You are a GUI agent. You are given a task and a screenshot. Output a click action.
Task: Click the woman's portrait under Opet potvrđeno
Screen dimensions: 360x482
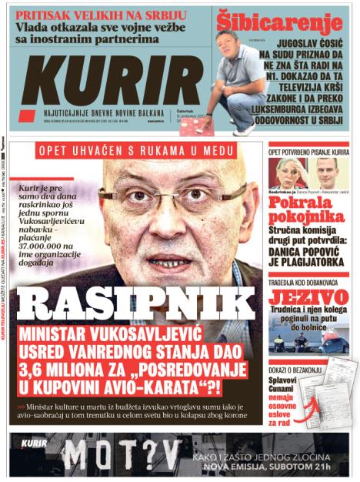click(288, 173)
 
